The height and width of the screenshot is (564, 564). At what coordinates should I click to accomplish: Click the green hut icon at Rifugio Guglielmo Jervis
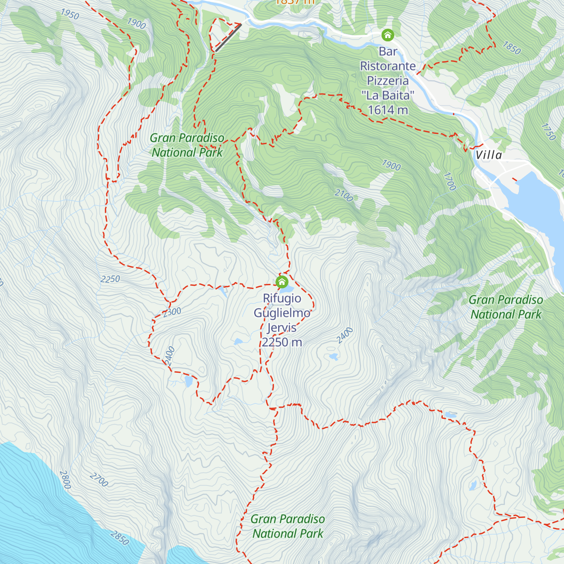pos(282,282)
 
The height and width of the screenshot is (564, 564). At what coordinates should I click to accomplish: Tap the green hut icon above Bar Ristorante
pos(387,35)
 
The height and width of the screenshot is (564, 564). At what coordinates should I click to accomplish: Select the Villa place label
pos(488,155)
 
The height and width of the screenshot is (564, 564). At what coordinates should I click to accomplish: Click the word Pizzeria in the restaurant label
pos(388,81)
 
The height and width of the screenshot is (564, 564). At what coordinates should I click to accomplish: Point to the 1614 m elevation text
pos(388,110)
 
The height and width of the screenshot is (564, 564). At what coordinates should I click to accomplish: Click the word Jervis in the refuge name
pos(282,328)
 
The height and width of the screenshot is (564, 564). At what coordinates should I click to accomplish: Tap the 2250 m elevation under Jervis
pos(282,342)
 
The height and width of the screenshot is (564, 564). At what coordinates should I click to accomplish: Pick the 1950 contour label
pos(70,14)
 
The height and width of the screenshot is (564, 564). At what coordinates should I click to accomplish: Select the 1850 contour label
pos(511,48)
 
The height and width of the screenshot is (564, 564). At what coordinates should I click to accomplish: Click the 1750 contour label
pos(548,132)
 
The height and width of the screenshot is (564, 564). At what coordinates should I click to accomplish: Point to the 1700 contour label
pos(450,181)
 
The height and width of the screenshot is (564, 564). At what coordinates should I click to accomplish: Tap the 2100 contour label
pos(344,195)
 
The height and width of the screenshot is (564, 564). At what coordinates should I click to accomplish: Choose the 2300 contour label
pos(172,312)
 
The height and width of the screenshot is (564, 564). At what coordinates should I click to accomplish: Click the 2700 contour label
pos(99,480)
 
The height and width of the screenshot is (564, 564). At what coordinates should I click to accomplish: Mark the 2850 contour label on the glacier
pos(119,538)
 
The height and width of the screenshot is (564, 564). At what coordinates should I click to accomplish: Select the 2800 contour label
pos(65,479)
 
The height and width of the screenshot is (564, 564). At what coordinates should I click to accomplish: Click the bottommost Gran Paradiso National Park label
pos(288,526)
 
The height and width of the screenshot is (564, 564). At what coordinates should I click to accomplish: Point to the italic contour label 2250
pos(110,279)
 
